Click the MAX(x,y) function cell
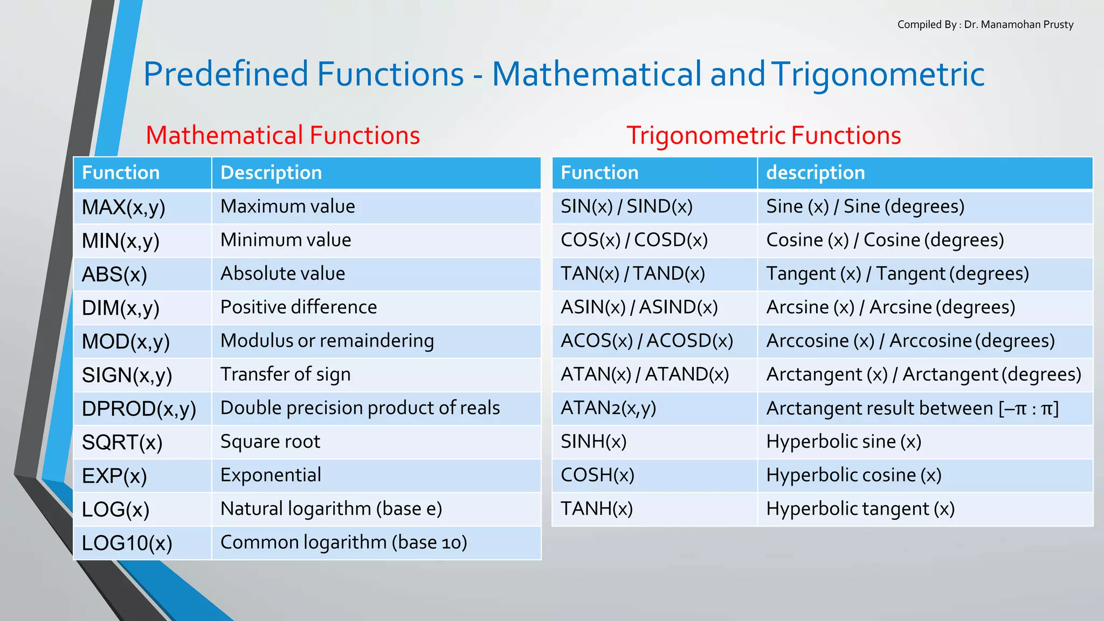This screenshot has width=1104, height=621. (123, 207)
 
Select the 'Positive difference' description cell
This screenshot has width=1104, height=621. (299, 307)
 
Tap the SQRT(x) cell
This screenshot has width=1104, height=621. (122, 443)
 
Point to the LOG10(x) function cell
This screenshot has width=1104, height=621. (127, 543)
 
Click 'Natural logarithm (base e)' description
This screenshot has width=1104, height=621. (331, 509)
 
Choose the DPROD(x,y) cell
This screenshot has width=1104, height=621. (139, 409)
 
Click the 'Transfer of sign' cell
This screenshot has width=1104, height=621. (285, 374)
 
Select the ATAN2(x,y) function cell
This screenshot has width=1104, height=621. (608, 408)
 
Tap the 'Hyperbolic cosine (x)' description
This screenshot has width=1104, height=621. (853, 475)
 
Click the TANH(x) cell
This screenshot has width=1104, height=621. (596, 509)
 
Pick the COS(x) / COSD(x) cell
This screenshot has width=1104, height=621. (634, 240)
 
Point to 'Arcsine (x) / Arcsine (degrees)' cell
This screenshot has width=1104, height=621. (891, 307)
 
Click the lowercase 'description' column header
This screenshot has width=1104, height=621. (815, 173)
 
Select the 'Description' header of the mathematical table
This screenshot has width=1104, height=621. (271, 173)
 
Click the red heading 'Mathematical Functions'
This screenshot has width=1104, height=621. (282, 135)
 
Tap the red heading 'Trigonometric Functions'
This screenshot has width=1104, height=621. (763, 135)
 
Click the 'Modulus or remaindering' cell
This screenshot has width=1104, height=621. (327, 341)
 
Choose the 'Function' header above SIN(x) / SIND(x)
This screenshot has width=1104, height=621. (599, 173)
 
